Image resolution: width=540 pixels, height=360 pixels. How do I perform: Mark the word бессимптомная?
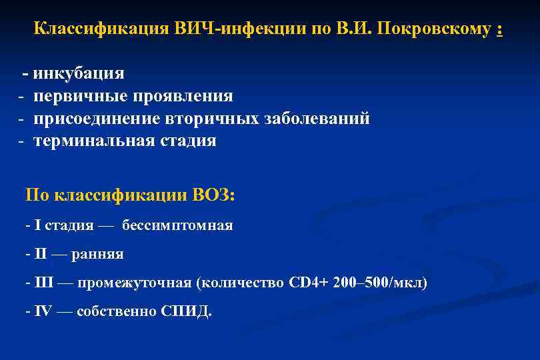[177, 225]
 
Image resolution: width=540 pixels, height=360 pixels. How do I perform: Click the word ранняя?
[101, 255]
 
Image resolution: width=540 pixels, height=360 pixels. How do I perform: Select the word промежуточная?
[134, 283]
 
